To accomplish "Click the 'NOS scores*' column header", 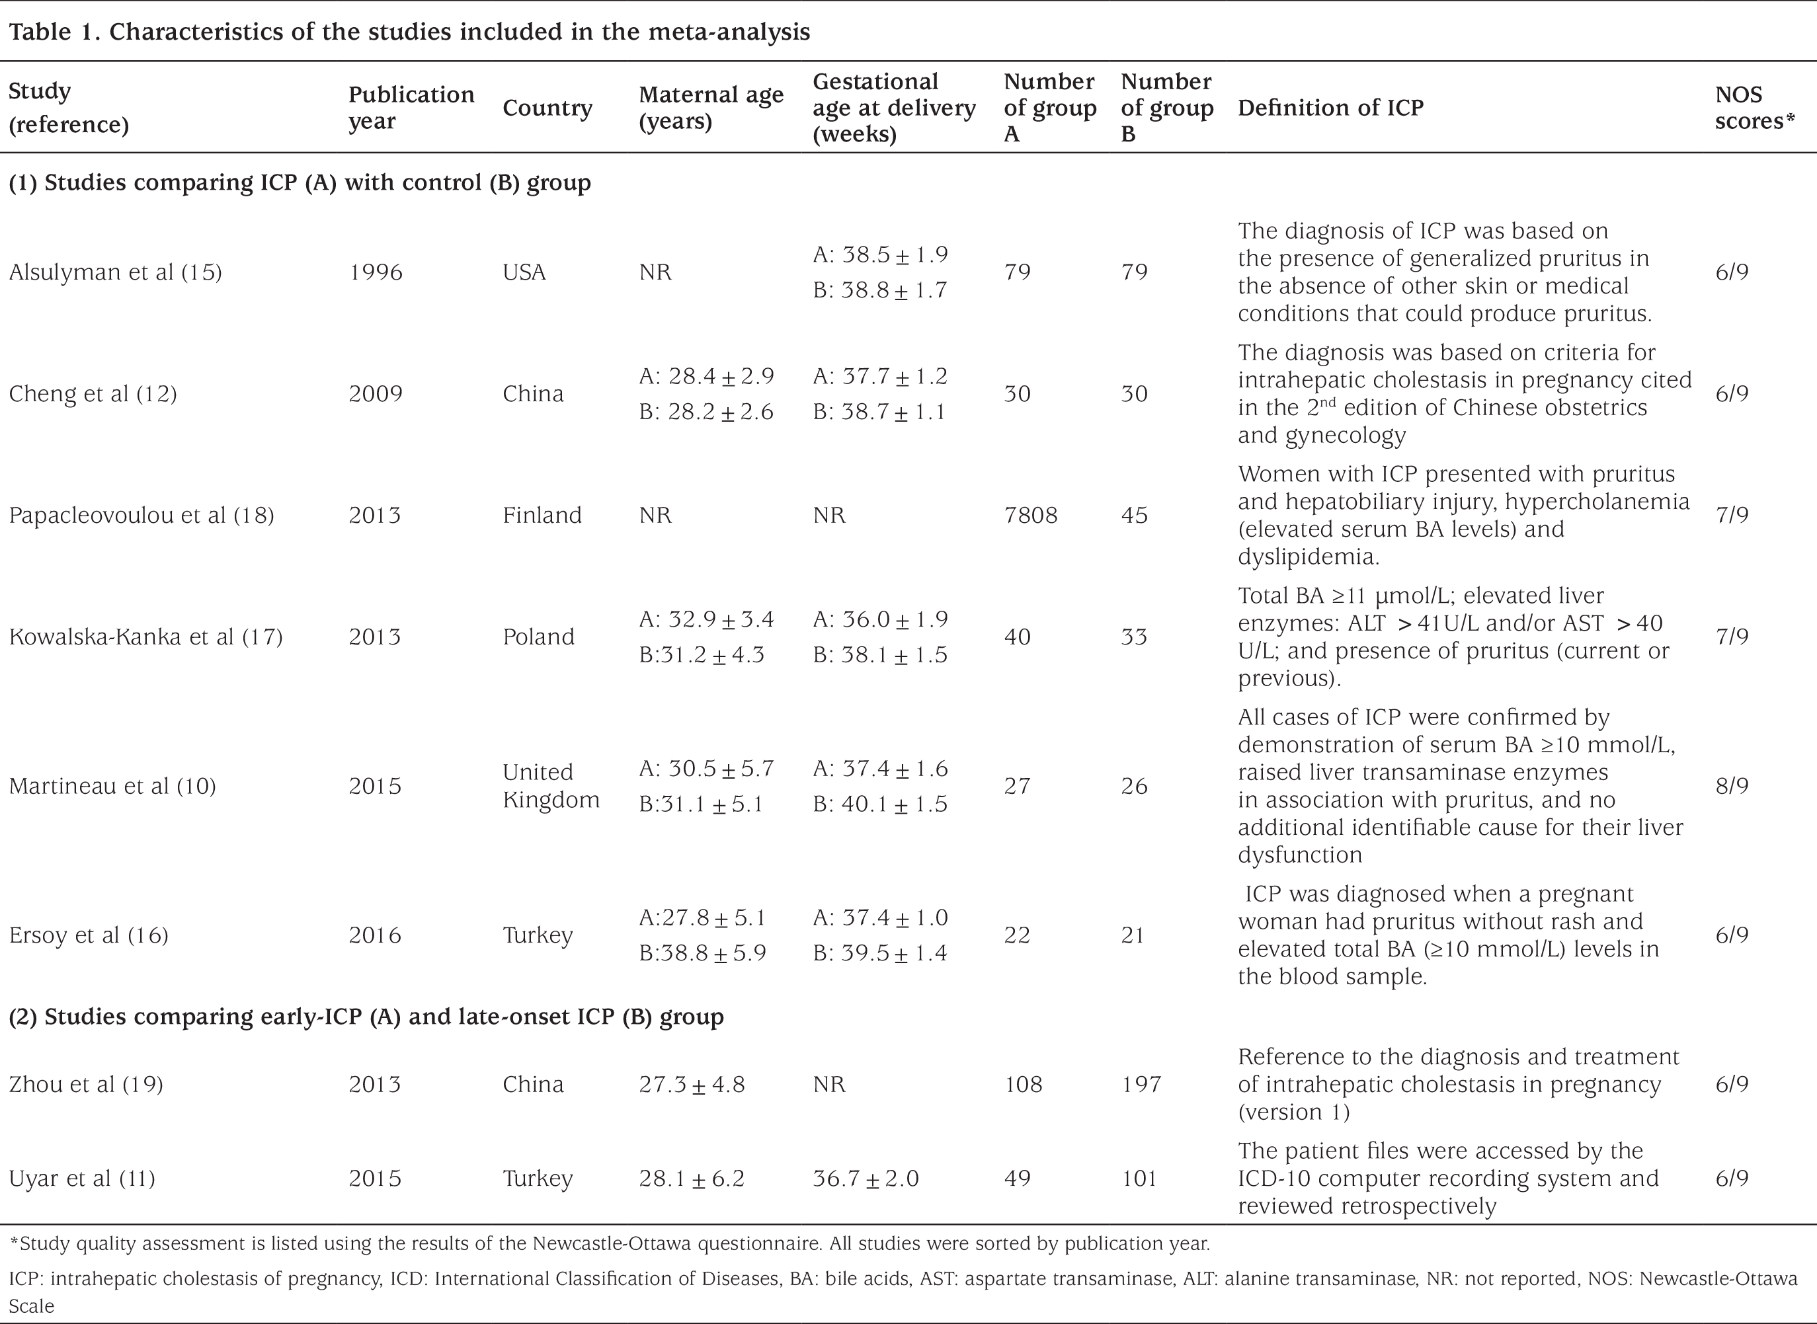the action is [1754, 107].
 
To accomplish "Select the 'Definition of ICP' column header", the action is [1330, 107].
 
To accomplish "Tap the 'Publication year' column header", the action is [411, 107].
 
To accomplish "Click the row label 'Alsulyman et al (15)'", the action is [116, 272].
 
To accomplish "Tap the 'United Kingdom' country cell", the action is [551, 785].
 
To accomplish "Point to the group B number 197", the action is [1141, 1084].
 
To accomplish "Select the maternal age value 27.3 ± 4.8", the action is [692, 1084].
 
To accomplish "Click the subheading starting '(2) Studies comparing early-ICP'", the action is [366, 1016].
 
